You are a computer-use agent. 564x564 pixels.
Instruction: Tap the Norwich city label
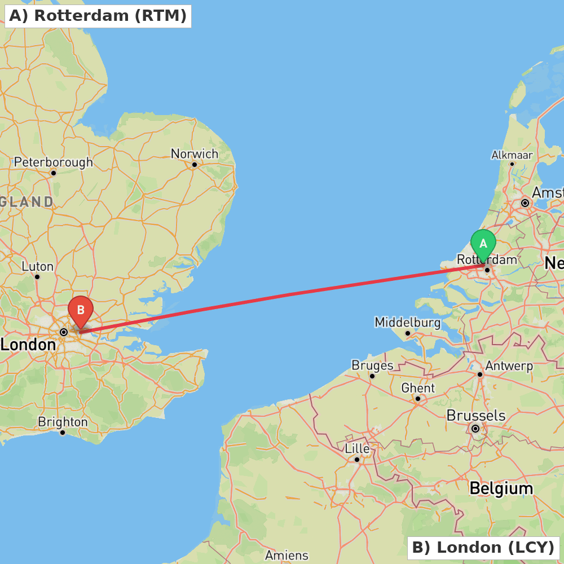pyautogui.click(x=194, y=154)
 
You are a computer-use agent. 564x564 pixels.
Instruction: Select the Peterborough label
pyautogui.click(x=54, y=162)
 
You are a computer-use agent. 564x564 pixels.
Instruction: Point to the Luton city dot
pyautogui.click(x=37, y=276)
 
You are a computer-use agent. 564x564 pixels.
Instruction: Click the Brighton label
pyautogui.click(x=63, y=422)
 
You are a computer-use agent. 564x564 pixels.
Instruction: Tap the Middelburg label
pyautogui.click(x=407, y=323)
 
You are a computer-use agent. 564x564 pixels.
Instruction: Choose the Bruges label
pyautogui.click(x=372, y=365)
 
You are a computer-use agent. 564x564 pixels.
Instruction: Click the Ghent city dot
pyautogui.click(x=418, y=398)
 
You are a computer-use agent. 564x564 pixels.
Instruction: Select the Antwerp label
pyautogui.click(x=509, y=366)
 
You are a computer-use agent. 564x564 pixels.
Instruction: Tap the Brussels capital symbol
pyautogui.click(x=475, y=429)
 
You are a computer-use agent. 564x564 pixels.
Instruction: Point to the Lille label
pyautogui.click(x=357, y=449)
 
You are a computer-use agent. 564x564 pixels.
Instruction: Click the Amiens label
pyautogui.click(x=287, y=556)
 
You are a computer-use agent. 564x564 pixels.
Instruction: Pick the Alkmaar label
pyautogui.click(x=512, y=155)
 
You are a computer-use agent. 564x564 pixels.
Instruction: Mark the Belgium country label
pyautogui.click(x=501, y=488)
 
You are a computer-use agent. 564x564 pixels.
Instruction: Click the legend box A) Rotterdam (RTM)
pyautogui.click(x=98, y=16)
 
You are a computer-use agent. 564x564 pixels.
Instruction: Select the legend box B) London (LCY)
pyautogui.click(x=483, y=547)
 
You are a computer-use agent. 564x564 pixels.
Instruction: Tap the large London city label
pyautogui.click(x=28, y=344)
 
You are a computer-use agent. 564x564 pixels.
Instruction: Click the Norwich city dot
pyautogui.click(x=194, y=165)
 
